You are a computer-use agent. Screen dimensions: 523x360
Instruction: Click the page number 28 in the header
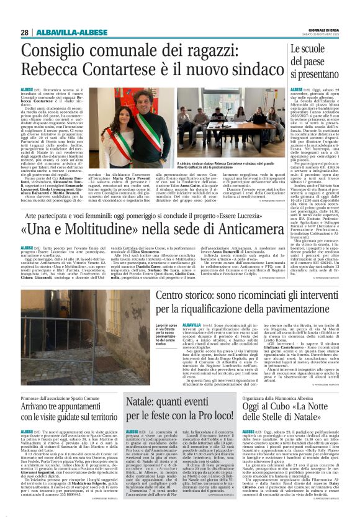click(25, 33)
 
